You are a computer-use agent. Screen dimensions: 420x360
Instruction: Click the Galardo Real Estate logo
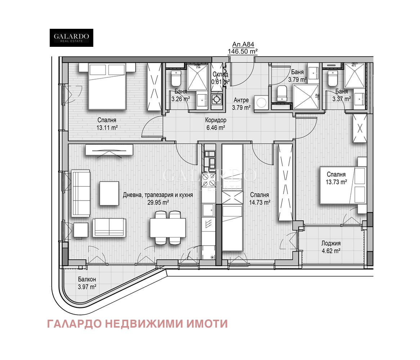click(x=72, y=38)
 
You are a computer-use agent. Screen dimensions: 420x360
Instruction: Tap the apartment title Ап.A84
click(x=243, y=44)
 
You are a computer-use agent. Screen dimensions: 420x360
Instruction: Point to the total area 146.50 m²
click(x=243, y=51)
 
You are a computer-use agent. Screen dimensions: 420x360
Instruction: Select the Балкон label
click(x=87, y=279)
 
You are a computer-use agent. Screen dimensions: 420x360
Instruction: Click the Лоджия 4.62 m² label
click(x=331, y=247)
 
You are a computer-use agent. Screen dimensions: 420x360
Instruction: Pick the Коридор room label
click(x=216, y=120)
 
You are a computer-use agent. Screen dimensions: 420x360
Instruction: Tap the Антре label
click(x=241, y=100)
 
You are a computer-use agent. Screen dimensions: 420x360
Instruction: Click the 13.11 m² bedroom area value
click(x=107, y=128)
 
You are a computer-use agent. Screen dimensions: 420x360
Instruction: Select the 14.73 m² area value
click(x=260, y=202)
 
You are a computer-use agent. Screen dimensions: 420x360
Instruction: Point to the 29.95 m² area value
click(x=158, y=202)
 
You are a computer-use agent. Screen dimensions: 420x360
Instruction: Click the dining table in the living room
click(x=168, y=228)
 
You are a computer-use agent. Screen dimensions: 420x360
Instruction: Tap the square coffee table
click(x=109, y=193)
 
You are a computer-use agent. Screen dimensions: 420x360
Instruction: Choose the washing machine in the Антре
click(x=261, y=103)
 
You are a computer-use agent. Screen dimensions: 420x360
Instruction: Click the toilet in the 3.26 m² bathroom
click(x=176, y=78)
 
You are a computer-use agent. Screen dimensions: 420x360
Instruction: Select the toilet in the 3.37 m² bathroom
click(x=332, y=78)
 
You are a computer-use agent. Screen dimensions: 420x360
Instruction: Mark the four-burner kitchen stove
click(x=209, y=180)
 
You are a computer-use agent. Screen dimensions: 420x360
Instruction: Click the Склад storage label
click(x=220, y=74)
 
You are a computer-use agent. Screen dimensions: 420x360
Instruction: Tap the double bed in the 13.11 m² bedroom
click(x=107, y=86)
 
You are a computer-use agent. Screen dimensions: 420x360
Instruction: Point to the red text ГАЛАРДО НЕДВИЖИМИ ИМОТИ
click(x=137, y=324)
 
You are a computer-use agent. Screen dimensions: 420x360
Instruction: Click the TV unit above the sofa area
click(x=109, y=150)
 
